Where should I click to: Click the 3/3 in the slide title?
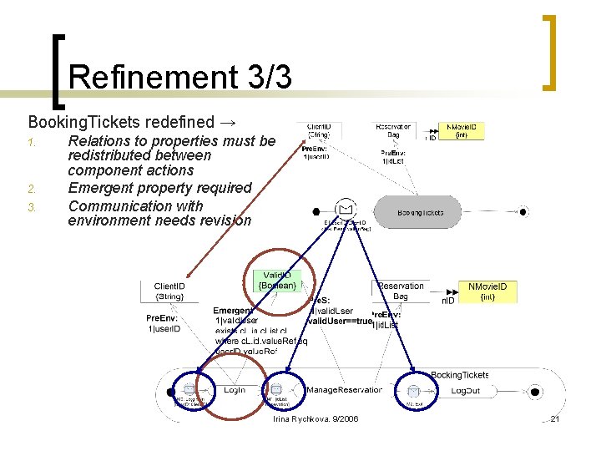tap(270, 77)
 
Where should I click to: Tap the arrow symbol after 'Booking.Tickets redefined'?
tap(227, 122)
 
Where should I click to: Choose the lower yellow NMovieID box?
tap(492, 291)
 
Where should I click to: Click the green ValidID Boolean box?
tap(279, 280)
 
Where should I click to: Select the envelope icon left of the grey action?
tap(345, 209)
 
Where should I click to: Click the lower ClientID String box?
tap(169, 291)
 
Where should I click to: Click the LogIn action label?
tap(234, 390)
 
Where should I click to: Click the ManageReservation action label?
tap(345, 390)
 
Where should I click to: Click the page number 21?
tap(554, 418)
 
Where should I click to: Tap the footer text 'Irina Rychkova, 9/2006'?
tap(316, 418)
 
